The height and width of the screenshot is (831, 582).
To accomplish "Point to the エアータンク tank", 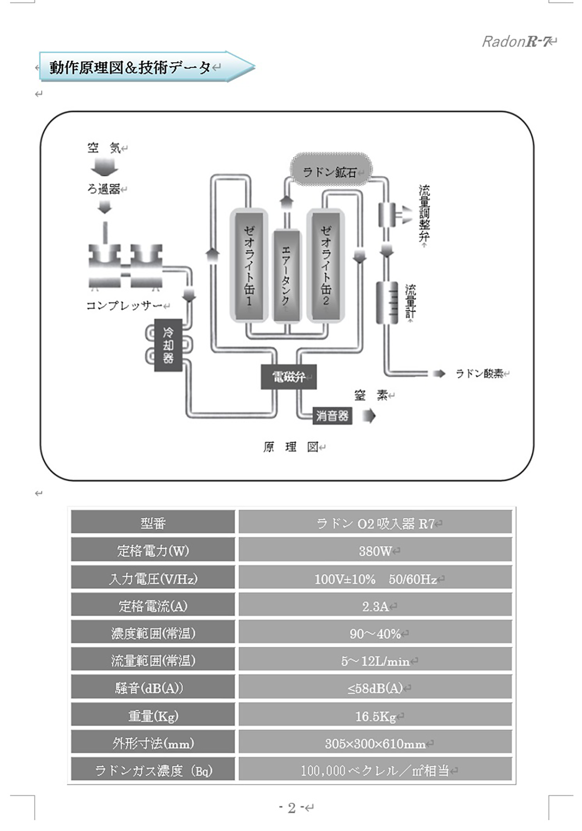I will pos(286,275).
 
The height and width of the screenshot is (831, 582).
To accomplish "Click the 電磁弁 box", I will pos(288,377).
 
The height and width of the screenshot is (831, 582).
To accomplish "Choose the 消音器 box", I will pos(332,415).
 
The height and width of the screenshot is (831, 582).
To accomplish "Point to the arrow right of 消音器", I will pos(369,415).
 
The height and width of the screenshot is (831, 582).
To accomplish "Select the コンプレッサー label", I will pos(124,305).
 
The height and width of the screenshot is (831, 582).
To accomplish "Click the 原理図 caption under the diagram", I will pos(290,447).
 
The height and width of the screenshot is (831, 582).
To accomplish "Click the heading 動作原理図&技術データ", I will pos(130,67).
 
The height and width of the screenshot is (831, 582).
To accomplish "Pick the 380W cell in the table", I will pos(375,551).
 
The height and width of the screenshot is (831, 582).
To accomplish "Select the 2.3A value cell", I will pos(375,606).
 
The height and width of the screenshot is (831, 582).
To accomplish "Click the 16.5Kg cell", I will pos(375,716).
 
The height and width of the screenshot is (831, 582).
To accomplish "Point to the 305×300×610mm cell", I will pos(375,744).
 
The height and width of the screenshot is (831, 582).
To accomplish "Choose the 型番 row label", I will pos(153,523).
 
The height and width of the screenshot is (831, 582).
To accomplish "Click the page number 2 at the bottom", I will pos(292,808).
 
